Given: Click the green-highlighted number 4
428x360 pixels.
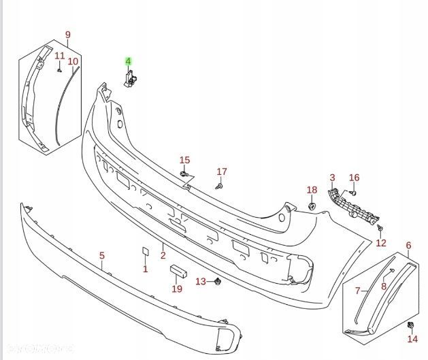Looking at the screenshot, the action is coord(128,61).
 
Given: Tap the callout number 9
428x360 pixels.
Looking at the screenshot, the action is coord(67,35).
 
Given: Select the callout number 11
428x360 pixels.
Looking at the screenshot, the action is coord(59,56).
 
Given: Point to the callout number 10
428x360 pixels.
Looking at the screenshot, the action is coord(73,61).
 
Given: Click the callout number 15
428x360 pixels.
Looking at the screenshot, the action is coord(184,160).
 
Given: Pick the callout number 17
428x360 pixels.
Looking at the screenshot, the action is coord(221,171).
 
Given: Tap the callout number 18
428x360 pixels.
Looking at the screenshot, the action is coord(312,190).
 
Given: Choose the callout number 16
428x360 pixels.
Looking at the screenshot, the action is coord(354,178).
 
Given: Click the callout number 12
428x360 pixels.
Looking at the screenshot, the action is coord(381,243).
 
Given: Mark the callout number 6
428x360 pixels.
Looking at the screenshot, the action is coord(408,245).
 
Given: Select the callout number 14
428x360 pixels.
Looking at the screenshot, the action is coord(412,339).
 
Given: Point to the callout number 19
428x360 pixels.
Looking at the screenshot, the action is coord(177,289).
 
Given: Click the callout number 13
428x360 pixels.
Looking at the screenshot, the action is coord(200,282).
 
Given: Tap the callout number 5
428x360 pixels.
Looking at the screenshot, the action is coord(102,256).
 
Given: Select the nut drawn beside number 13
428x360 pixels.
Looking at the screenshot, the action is coord(216,280).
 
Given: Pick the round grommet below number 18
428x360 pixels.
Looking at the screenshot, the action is coord(312,205).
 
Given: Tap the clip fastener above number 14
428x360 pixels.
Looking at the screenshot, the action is coord(412,325).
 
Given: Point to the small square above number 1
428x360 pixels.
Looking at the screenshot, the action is coord(145,252).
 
